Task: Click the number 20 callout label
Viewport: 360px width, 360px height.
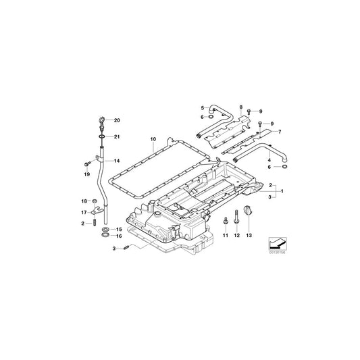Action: tap(116, 120)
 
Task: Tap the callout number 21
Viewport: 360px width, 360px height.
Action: tap(116, 136)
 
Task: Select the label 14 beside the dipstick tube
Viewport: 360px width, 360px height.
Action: tap(116, 161)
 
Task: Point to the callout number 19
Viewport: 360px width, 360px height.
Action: tap(86, 173)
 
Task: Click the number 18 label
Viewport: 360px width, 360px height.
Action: tap(84, 201)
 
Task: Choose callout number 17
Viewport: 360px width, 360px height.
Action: tap(84, 212)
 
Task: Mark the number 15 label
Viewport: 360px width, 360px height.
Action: tap(117, 230)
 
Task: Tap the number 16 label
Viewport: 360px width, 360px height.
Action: tap(117, 236)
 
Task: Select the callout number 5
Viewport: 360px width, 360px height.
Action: tap(201, 107)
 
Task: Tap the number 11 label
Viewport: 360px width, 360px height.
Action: tap(226, 235)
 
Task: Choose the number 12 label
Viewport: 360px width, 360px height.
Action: tap(237, 235)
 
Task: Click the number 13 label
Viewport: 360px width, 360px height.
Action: tap(249, 235)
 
